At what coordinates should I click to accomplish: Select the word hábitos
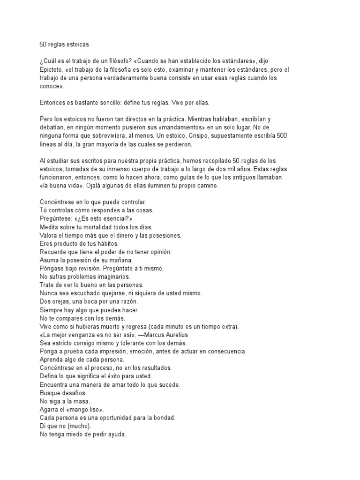coord(107,243)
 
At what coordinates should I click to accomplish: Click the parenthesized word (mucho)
coord(78,426)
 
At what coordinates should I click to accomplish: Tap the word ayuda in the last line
coord(116,435)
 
